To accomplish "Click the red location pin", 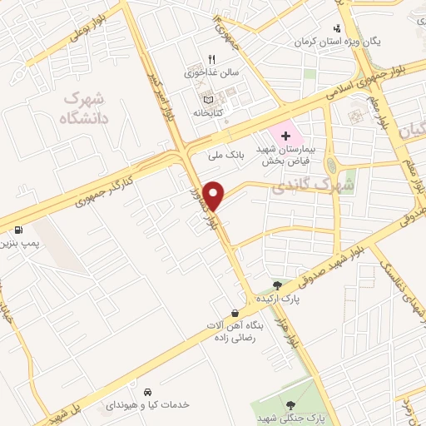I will click(214, 196).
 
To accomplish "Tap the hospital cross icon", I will click(285, 135).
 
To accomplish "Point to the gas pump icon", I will click(18, 230).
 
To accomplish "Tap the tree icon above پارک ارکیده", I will click(277, 285).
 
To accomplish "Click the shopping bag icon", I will click(236, 313).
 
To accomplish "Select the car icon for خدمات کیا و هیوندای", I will click(146, 391).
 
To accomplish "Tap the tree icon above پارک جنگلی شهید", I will click(290, 404).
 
